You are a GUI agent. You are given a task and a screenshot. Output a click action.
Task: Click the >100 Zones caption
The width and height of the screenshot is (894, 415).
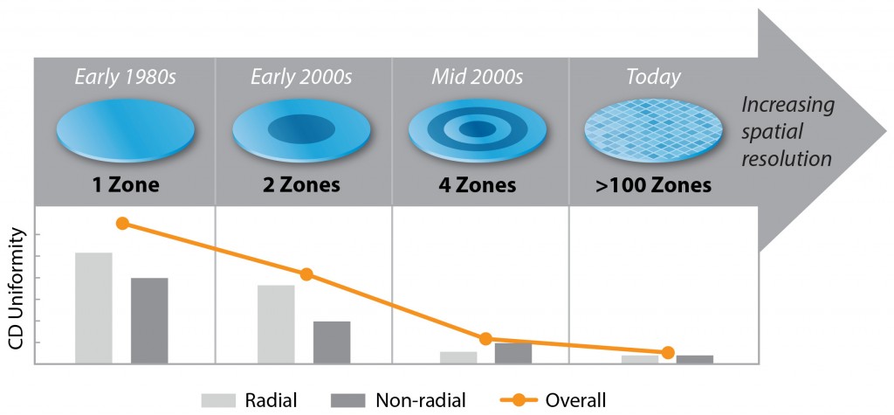click(654, 186)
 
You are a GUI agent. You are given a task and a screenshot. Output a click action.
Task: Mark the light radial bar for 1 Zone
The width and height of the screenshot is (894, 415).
click(93, 308)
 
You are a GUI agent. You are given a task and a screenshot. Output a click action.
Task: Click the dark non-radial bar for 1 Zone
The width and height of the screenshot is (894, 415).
click(149, 320)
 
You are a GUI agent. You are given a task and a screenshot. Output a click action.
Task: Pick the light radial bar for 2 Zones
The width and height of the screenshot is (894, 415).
click(276, 323)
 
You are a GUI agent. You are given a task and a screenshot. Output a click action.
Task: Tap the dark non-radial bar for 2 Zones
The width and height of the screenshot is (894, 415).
click(332, 342)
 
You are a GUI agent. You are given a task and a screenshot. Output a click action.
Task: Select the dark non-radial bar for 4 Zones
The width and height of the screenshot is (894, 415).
click(513, 353)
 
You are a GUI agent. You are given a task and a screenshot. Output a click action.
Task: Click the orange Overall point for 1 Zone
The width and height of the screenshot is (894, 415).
click(122, 223)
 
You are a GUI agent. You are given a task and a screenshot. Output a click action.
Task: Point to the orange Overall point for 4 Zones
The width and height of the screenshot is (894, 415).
click(485, 338)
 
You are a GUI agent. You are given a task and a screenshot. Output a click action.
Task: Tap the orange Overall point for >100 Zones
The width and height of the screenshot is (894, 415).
click(668, 352)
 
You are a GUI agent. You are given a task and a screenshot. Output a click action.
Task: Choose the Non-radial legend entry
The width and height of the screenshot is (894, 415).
click(399, 400)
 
